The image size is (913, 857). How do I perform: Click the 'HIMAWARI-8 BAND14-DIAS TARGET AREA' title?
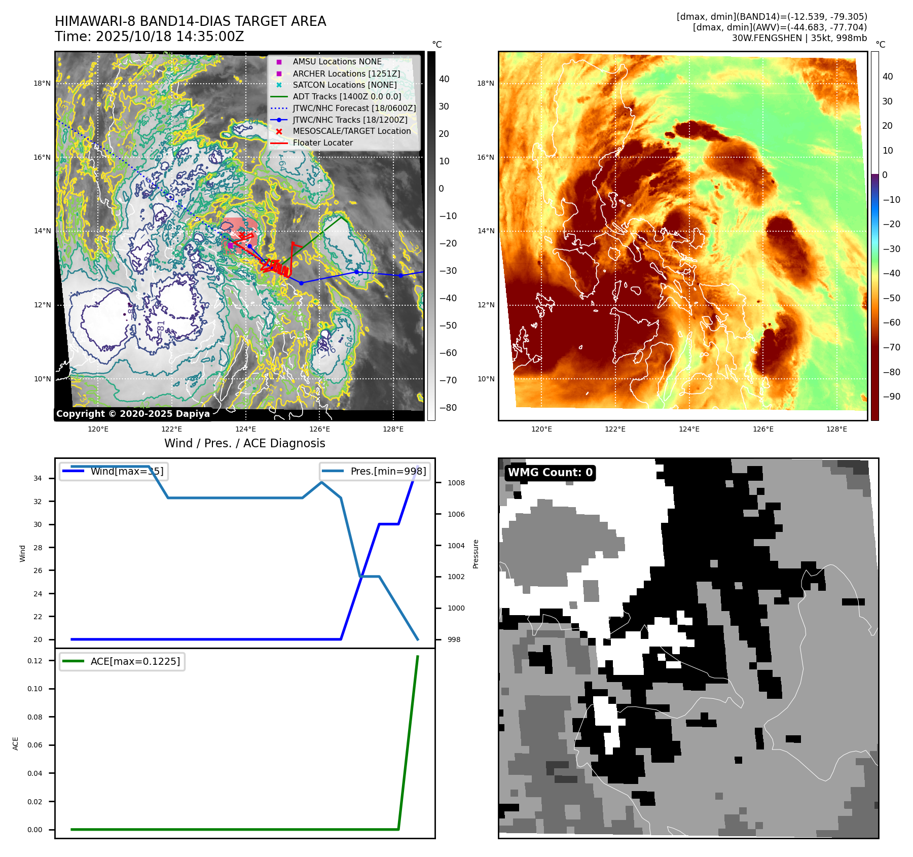coord(190,21)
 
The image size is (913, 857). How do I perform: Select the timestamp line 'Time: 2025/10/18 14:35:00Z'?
coord(150,37)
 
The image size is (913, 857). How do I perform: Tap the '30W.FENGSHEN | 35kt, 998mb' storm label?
coord(799,38)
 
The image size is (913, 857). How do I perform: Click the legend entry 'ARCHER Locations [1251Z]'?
coord(346,74)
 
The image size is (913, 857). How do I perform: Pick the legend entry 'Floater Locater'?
coord(322,143)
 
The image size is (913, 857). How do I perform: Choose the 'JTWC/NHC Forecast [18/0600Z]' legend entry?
coord(354,109)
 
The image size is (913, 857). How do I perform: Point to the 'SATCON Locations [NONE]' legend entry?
coord(344,85)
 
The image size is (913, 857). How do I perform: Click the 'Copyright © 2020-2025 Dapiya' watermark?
coord(133,414)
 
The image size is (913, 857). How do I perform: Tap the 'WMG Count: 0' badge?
coord(550,473)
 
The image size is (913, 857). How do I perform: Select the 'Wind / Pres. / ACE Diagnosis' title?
coord(244,443)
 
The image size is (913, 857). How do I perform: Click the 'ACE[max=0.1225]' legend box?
coord(122,661)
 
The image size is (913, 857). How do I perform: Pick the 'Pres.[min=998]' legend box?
coord(375,471)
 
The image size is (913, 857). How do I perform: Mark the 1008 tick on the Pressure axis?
coord(456,483)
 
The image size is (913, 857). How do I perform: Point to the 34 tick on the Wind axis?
coord(38,478)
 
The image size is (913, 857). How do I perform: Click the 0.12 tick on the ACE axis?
coord(35,661)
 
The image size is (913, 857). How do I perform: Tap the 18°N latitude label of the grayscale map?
coord(42,84)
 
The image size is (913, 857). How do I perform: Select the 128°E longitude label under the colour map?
coord(836,429)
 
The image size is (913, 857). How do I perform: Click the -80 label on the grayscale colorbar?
coord(448,408)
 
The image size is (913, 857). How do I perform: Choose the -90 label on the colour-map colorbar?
coord(891,397)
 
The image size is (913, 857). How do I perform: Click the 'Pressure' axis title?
coord(476,554)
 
